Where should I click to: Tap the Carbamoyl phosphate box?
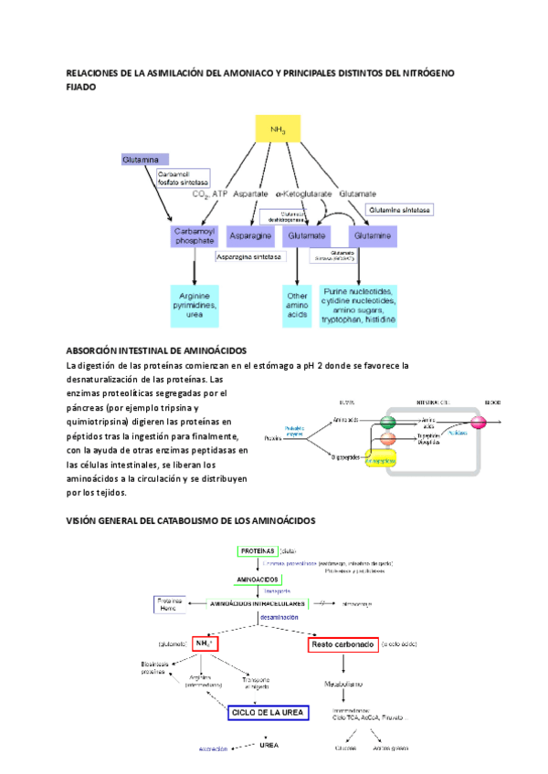194,236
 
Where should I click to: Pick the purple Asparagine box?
250,236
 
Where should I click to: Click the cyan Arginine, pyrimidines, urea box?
194,305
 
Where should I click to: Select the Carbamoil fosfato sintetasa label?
183,178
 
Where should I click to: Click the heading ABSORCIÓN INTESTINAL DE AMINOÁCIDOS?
156,350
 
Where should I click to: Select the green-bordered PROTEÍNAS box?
258,551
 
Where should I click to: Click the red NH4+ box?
206,643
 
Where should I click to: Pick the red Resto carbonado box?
343,644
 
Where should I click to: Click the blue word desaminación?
278,618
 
